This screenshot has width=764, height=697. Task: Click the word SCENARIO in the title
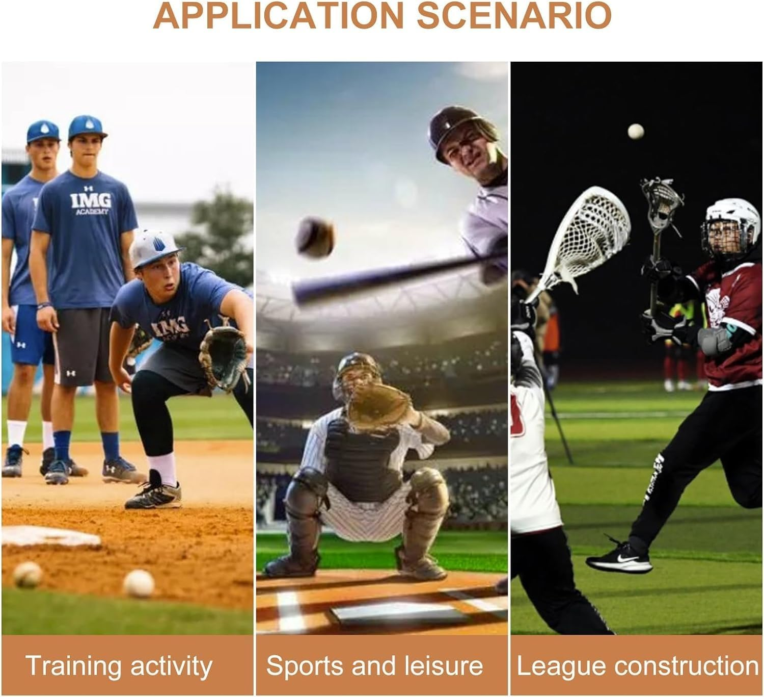pyautogui.click(x=514, y=16)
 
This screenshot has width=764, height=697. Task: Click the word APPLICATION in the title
pyautogui.click(x=278, y=16)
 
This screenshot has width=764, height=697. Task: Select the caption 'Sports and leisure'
pyautogui.click(x=375, y=665)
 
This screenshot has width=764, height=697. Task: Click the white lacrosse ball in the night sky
pyautogui.click(x=636, y=131)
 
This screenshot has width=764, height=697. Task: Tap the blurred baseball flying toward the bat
pyautogui.click(x=315, y=237)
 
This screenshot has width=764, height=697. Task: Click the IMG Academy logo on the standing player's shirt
pyautogui.click(x=91, y=202)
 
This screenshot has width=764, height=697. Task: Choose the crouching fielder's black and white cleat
pyautogui.click(x=153, y=492)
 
